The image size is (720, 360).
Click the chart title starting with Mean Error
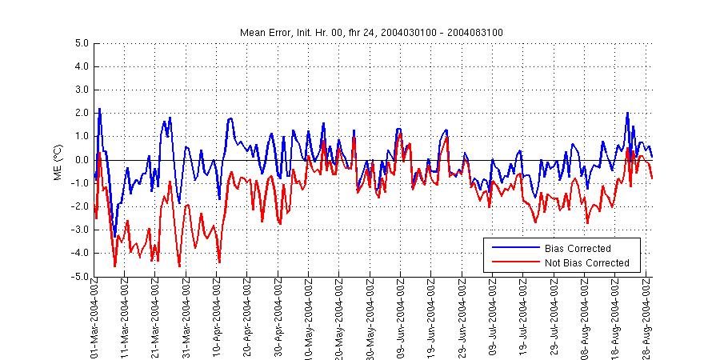click(371, 32)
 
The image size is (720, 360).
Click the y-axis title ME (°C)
click(57, 160)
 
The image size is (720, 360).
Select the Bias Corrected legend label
click(577, 249)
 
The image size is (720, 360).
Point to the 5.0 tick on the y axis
click(81, 44)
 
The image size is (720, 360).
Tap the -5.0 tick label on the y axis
click(79, 277)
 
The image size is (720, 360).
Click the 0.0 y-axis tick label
click(81, 160)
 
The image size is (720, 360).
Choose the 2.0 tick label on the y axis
click(81, 114)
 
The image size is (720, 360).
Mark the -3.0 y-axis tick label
click(79, 230)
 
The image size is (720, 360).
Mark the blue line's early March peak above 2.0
click(99, 109)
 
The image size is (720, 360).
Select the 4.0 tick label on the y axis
click(81, 67)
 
